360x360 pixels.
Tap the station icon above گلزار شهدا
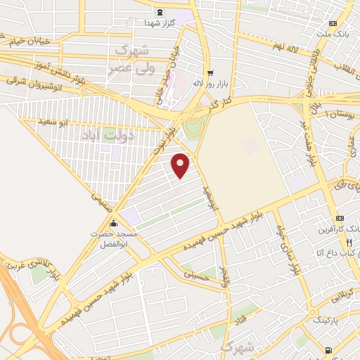click(x=160, y=12)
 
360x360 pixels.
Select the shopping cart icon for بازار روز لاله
click(x=210, y=73)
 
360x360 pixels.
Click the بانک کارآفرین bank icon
click(x=340, y=219)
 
